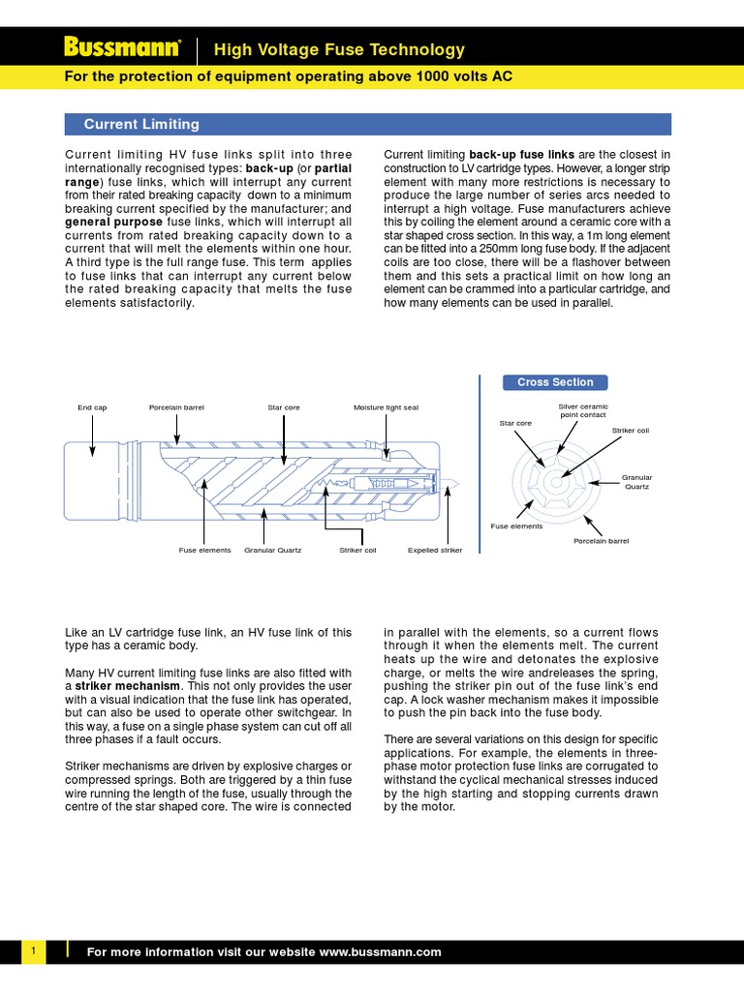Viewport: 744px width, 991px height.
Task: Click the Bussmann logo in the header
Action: click(x=122, y=47)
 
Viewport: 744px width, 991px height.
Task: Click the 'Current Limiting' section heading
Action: click(x=141, y=124)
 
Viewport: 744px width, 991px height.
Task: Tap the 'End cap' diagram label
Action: click(x=92, y=407)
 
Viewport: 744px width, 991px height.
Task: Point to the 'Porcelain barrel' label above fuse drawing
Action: click(x=176, y=407)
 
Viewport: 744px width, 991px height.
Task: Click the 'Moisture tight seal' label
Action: click(x=387, y=407)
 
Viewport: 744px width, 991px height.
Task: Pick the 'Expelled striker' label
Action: click(x=435, y=550)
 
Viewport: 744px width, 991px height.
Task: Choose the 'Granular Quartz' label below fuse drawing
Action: click(x=272, y=550)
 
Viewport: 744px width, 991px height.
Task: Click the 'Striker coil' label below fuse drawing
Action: click(x=357, y=550)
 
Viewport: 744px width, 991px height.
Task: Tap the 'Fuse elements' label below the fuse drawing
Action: click(x=204, y=550)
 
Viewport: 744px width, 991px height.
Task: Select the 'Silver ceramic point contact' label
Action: click(x=582, y=409)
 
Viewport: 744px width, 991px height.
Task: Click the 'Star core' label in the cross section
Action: click(x=515, y=423)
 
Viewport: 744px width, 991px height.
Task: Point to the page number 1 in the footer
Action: click(x=33, y=952)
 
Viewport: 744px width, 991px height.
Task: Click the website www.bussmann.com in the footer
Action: click(x=380, y=952)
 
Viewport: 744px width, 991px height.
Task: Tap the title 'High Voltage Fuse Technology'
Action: click(x=339, y=49)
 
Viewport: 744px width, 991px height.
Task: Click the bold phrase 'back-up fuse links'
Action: click(x=521, y=154)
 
